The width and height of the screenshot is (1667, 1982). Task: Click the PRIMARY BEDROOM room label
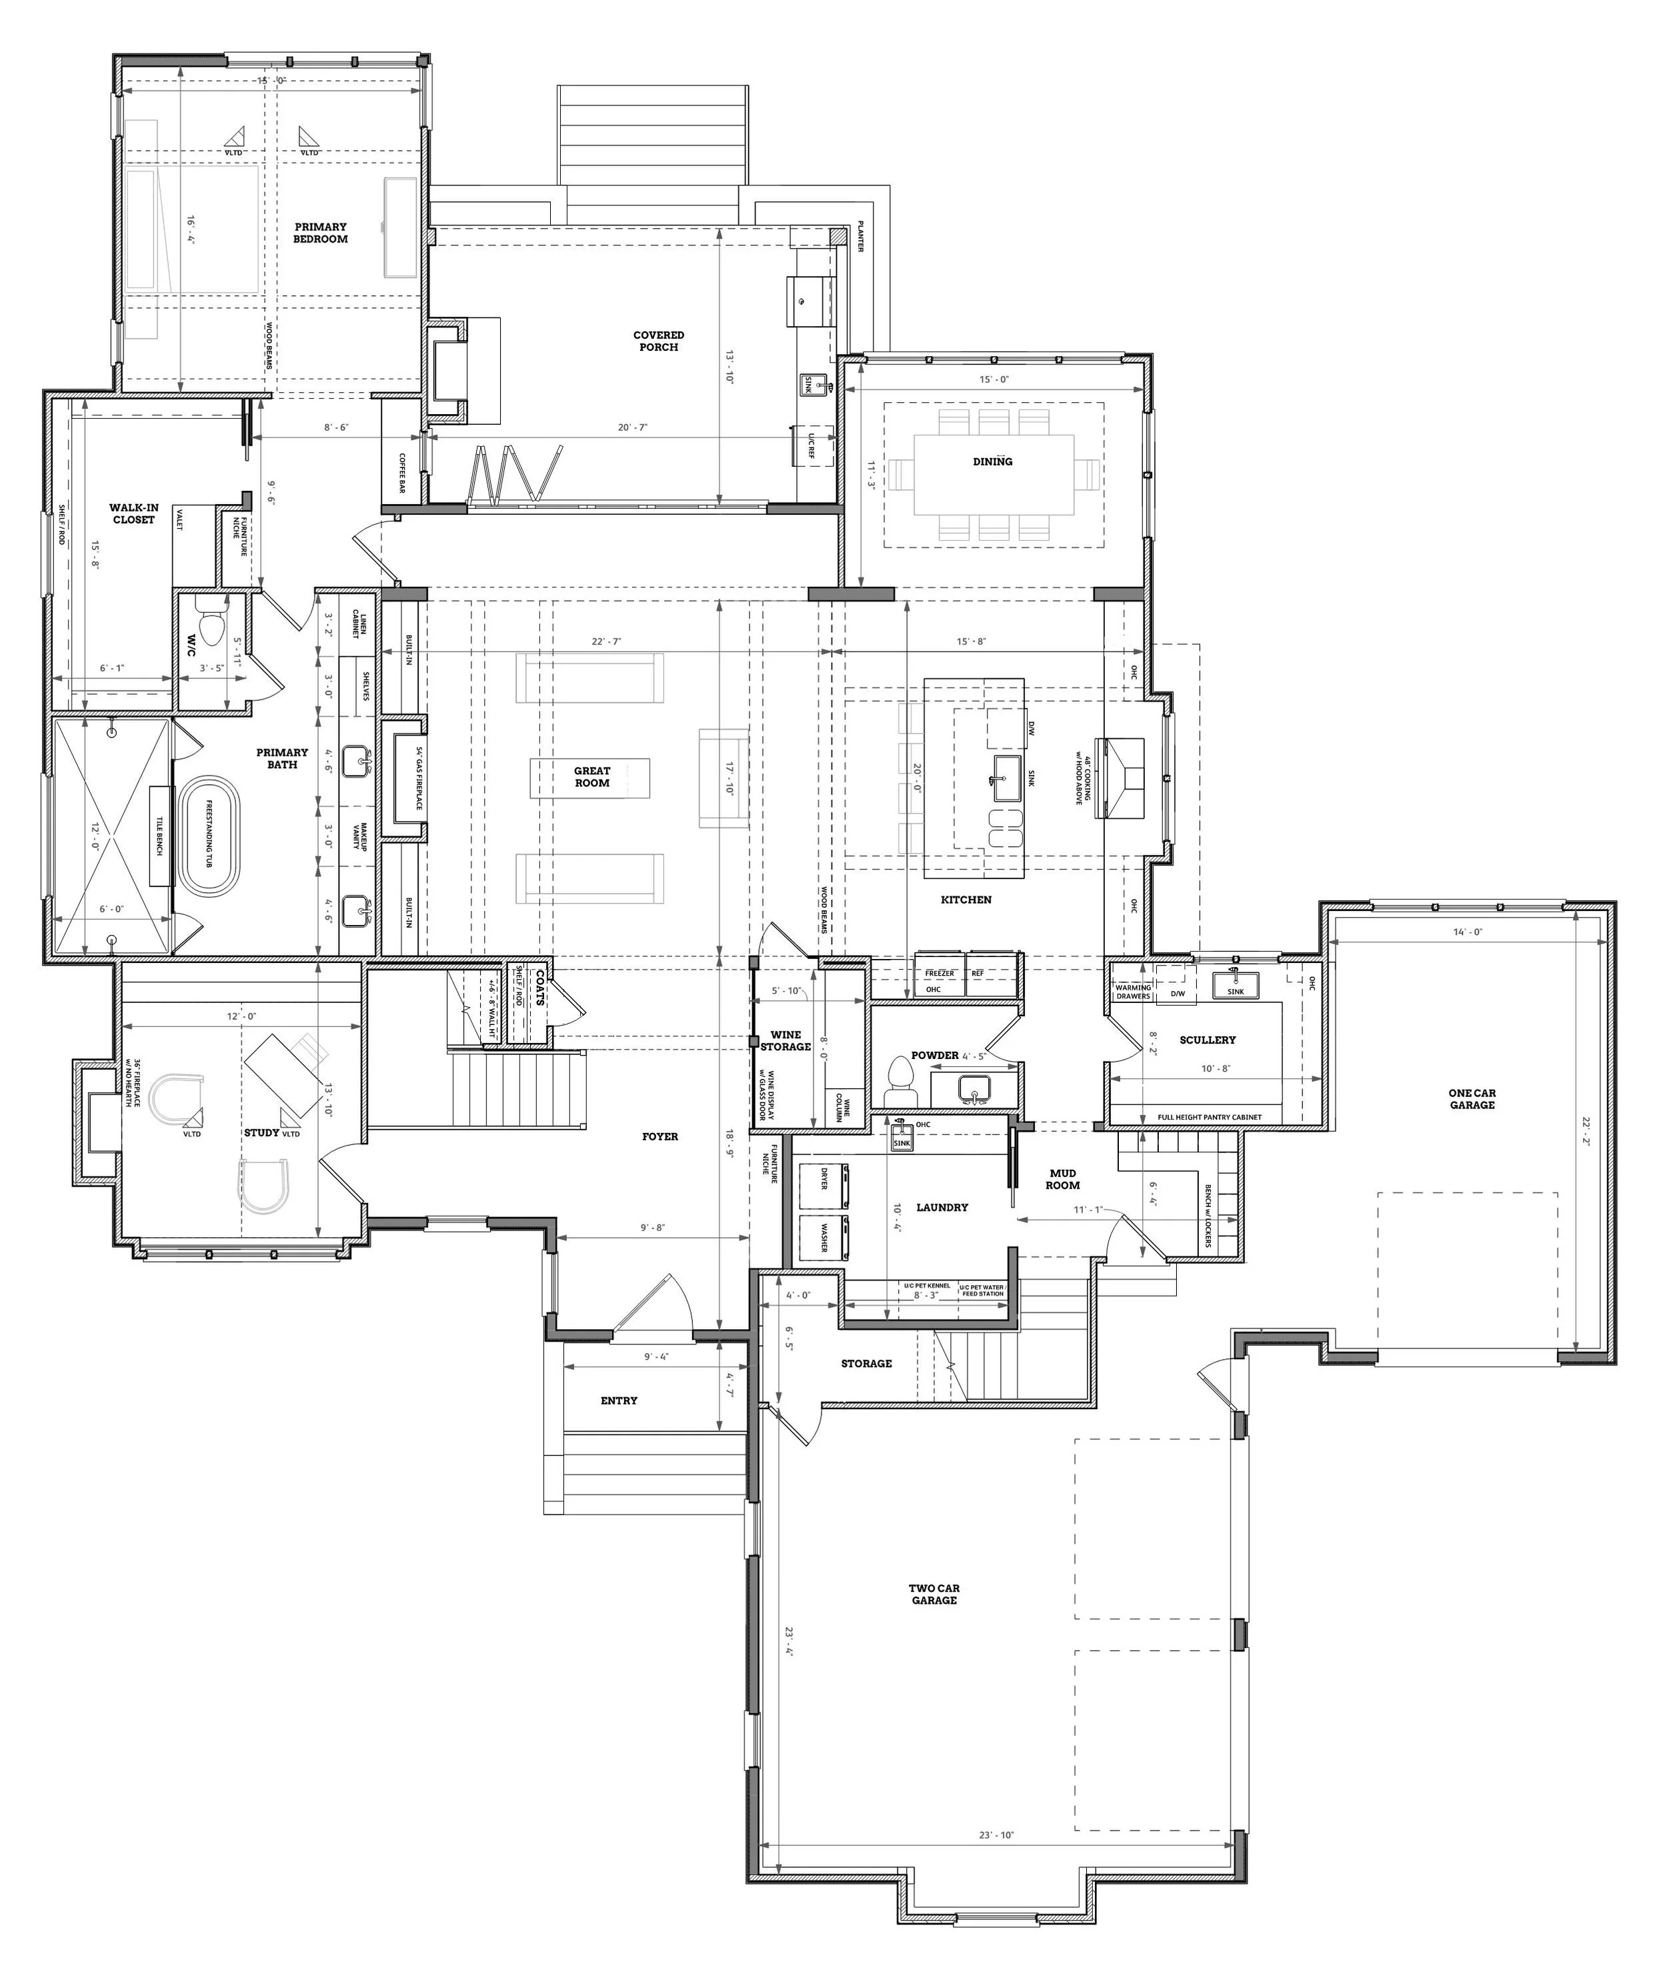[320, 233]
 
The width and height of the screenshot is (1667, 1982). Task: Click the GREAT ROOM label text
[591, 777]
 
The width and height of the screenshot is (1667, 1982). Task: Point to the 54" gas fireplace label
[419, 778]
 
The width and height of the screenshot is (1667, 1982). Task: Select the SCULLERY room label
[1207, 1040]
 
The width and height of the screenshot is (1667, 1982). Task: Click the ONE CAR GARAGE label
[1472, 1099]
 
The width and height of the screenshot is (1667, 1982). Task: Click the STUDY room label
[262, 1132]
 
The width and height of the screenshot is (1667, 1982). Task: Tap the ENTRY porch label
[619, 1400]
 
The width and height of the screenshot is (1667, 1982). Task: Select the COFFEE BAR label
[401, 473]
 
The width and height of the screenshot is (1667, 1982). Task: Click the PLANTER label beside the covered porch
[861, 236]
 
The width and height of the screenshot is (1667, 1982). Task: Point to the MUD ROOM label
[1063, 1178]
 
